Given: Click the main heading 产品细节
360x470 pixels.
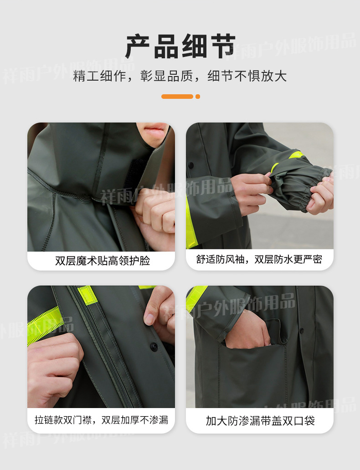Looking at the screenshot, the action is click(180, 46).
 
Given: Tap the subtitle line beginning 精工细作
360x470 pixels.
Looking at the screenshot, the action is click(180, 76).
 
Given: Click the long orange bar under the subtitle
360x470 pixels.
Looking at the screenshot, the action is click(177, 97).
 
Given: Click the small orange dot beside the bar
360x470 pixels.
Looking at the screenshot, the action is click(198, 97).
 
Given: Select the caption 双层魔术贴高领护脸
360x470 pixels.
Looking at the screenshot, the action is click(103, 261).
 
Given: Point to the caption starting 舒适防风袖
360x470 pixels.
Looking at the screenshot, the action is click(259, 259).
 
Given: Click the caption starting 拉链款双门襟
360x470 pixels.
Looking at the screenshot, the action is click(101, 420).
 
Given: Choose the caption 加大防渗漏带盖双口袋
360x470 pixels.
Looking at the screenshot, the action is click(260, 421).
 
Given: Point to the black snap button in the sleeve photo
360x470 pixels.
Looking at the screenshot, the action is click(191, 165).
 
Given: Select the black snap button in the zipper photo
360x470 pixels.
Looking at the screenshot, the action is click(154, 347).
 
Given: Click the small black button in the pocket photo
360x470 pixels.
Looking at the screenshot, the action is click(302, 331).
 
